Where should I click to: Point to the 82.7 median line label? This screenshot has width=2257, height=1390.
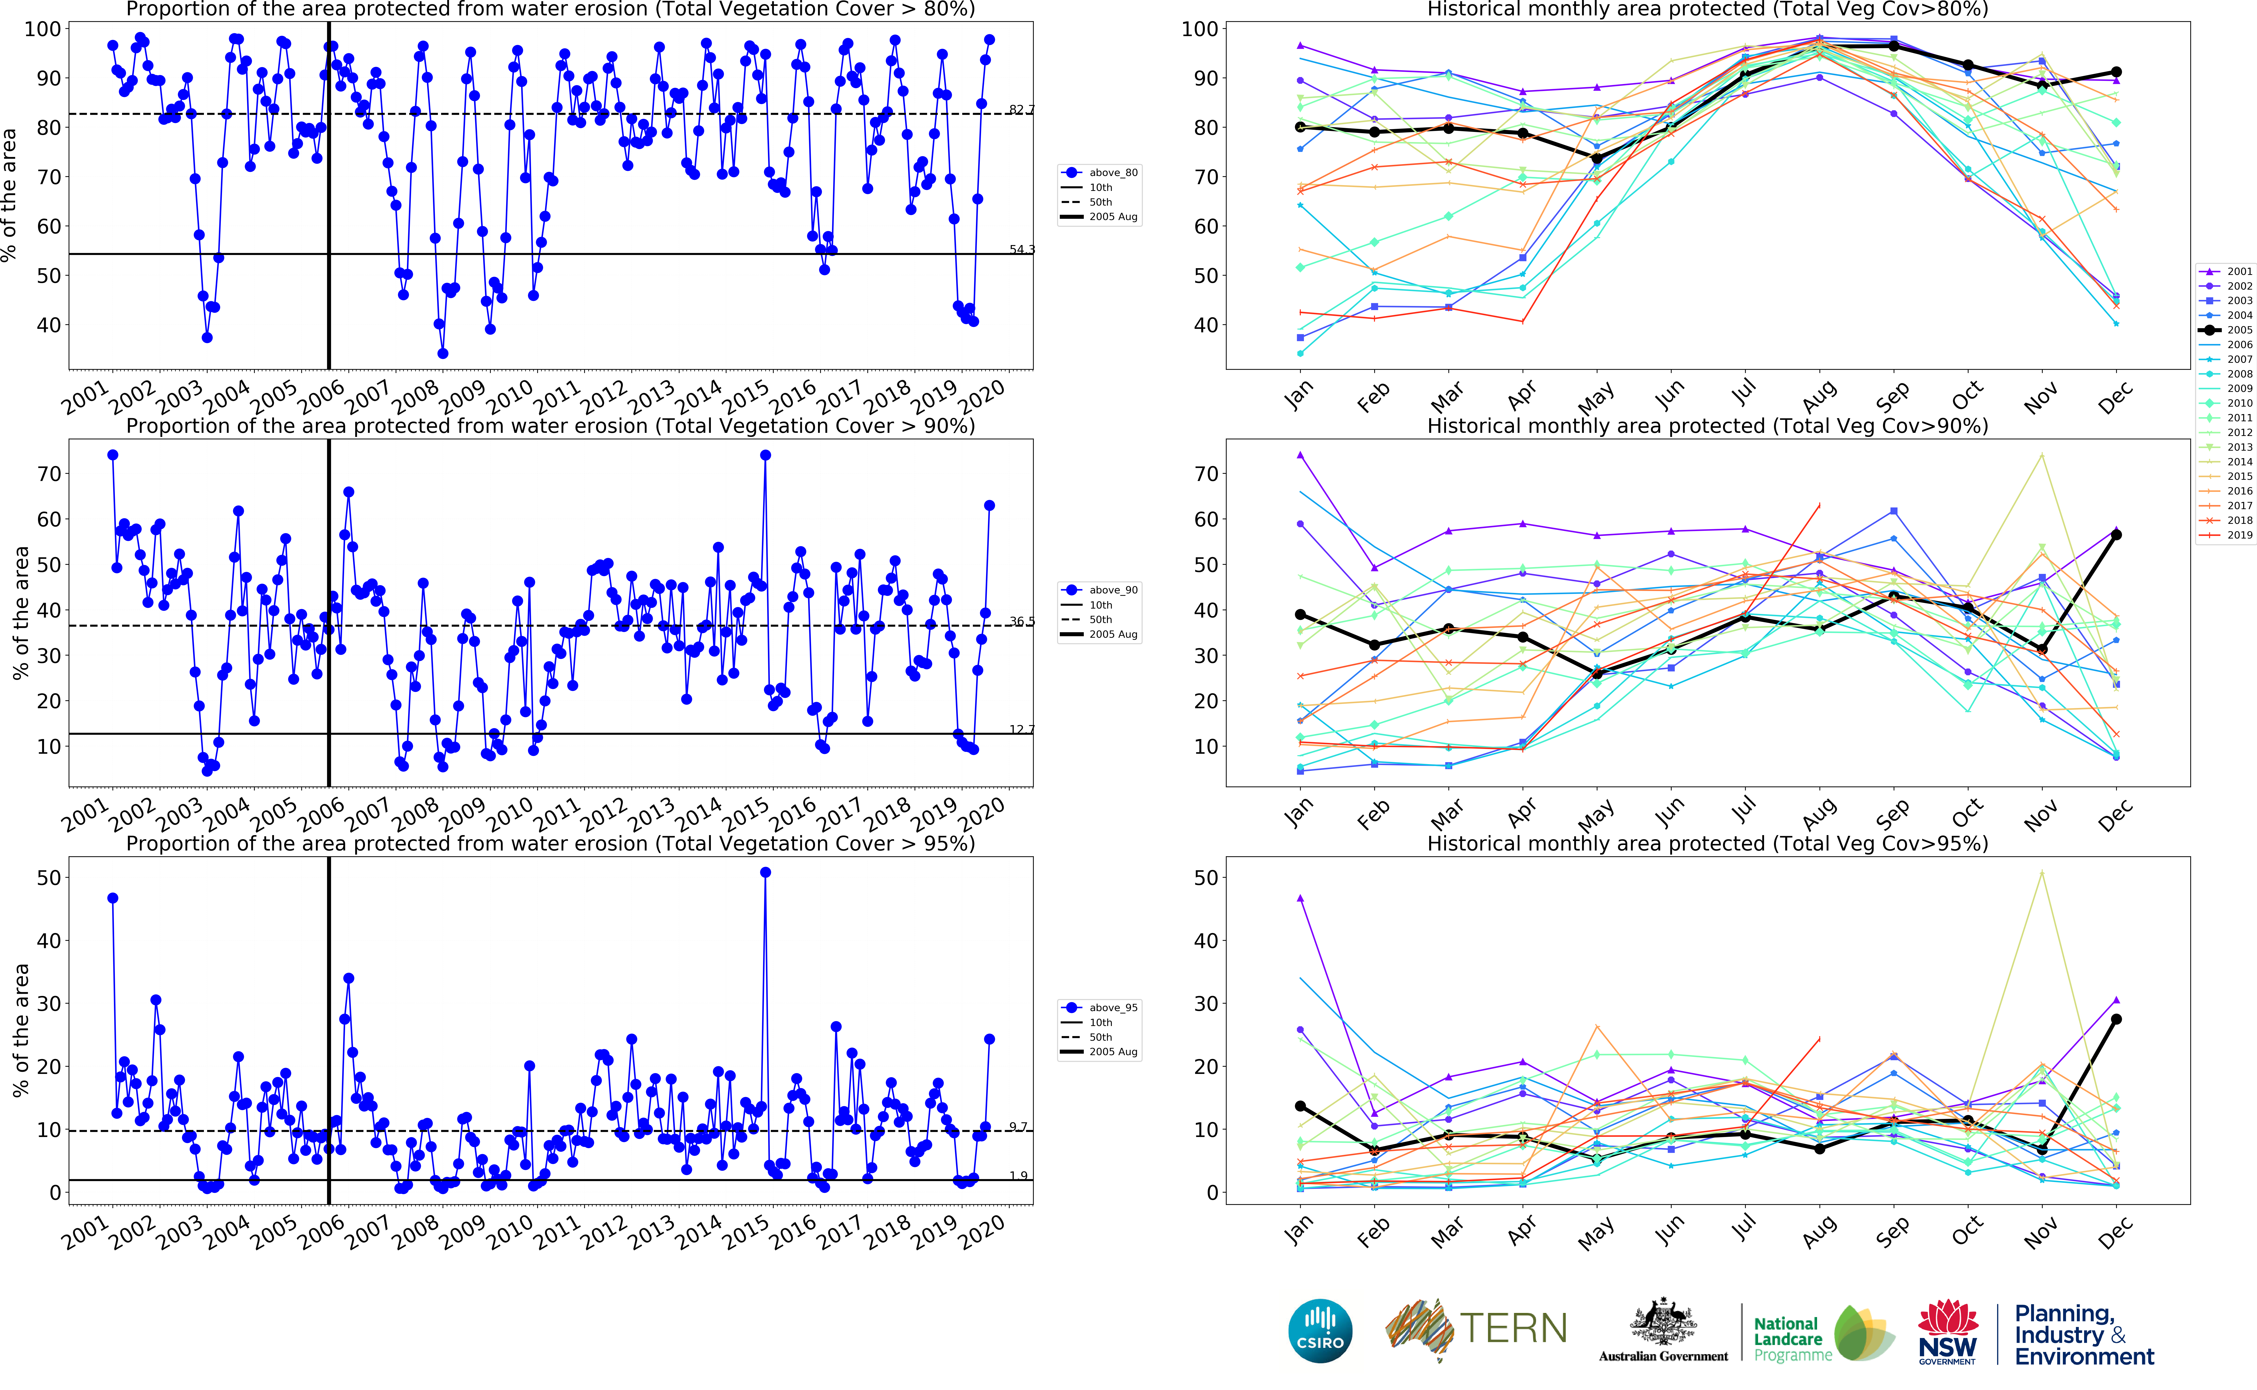(x=1021, y=109)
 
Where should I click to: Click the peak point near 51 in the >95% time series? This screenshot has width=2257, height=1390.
(x=765, y=872)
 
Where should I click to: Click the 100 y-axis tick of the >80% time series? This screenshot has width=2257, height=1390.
(x=42, y=29)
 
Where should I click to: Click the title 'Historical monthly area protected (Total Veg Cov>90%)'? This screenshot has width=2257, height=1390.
(x=1707, y=427)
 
